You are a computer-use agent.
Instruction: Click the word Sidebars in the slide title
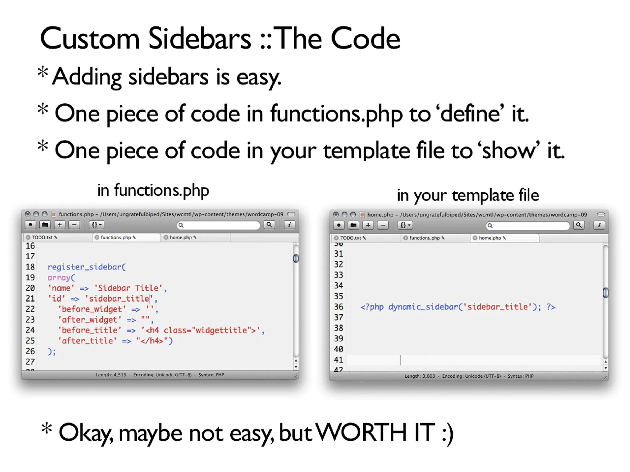[x=199, y=39]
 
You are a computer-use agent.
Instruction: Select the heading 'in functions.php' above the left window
[x=153, y=190]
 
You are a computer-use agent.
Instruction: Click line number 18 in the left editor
[x=30, y=267]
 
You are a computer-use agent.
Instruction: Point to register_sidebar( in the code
[x=86, y=267]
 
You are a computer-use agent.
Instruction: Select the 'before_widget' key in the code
[x=92, y=309]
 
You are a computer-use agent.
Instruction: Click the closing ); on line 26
[x=52, y=351]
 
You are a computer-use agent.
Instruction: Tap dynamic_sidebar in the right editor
[x=423, y=307]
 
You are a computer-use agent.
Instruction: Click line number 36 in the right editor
[x=338, y=307]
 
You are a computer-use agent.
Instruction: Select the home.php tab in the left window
[x=181, y=237]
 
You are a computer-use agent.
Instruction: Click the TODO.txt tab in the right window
[x=351, y=238]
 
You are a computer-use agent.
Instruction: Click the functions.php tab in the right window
[x=425, y=238]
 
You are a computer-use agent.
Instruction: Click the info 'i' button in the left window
[x=289, y=225]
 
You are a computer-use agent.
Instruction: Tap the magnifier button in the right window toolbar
[x=579, y=225]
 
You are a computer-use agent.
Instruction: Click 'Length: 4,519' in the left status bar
[x=111, y=375]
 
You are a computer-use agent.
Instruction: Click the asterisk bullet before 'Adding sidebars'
[x=43, y=73]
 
